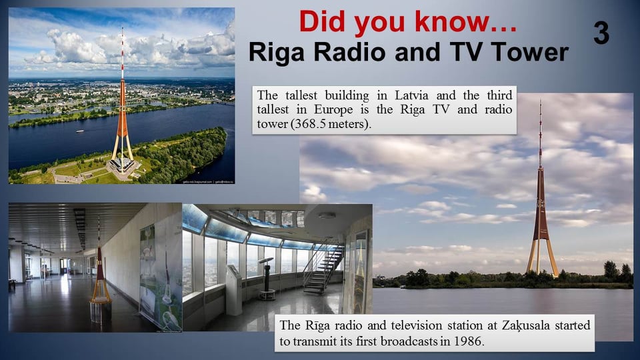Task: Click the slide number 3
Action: coord(601,33)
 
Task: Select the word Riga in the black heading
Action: coord(276,52)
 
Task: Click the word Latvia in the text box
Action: coord(411,95)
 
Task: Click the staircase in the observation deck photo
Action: coord(323,269)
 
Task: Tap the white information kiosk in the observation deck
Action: coord(234,289)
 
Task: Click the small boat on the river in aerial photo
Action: coord(80,131)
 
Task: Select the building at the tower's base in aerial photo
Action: coord(121,165)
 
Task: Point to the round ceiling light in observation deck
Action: coord(327,215)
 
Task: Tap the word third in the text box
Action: coord(499,95)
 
